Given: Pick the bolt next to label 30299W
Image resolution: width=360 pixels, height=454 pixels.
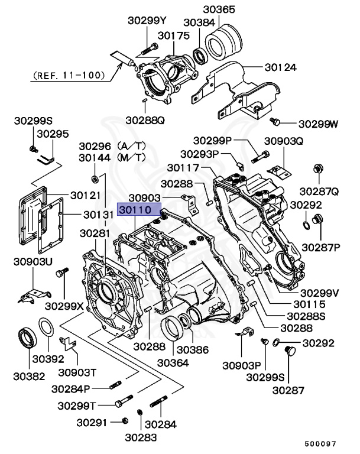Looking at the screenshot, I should (x=274, y=122).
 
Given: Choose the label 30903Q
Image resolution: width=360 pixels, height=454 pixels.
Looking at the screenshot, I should (x=283, y=141).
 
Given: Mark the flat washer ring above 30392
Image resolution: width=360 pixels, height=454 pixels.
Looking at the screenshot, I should (x=47, y=327).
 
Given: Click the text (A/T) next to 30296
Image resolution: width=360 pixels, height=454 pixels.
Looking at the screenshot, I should (x=131, y=145).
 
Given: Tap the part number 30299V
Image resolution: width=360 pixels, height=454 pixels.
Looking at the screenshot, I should (x=320, y=292).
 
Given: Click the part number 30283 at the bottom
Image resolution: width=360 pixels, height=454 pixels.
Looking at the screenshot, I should (x=141, y=437).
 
